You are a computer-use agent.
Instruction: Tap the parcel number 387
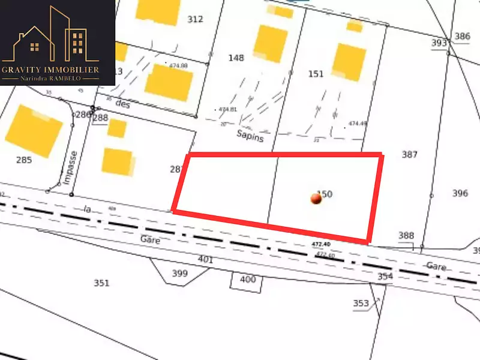pos(409,155)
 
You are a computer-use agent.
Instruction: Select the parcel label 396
pos(460,193)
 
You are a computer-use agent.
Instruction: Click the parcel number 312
pos(195,19)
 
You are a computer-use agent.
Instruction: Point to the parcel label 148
pos(236,58)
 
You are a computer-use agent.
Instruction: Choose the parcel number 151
pos(316,74)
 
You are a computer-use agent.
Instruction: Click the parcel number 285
pos(24,160)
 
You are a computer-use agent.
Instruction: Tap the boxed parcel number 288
pos(100,118)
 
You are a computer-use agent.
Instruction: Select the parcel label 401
pos(205,260)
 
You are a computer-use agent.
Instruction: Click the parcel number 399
pos(180,274)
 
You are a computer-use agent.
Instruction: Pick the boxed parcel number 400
pos(247,279)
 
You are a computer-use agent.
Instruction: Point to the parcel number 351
pos(102,283)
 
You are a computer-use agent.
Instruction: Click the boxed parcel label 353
pos(361,303)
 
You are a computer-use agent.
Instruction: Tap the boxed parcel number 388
pos(406,236)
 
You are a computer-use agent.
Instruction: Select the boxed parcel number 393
pos(439,43)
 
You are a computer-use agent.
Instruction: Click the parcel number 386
pos(462,37)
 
